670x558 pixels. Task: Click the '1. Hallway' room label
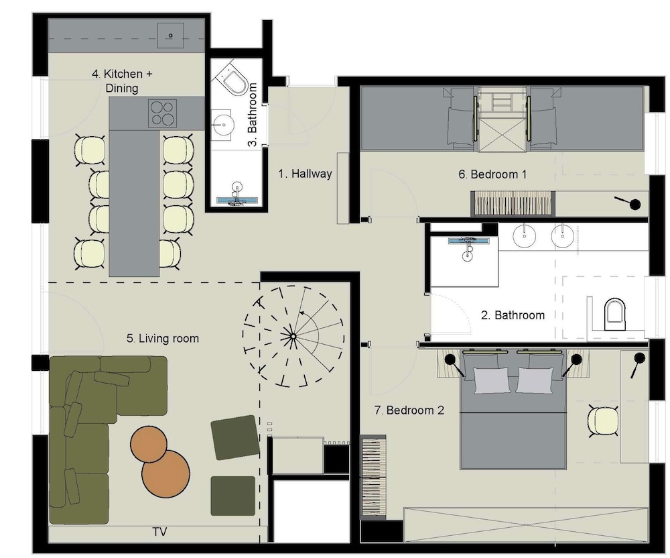305,174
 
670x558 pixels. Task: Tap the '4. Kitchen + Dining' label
122,80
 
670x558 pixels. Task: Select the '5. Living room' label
163,338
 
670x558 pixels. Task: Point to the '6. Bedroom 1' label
492,174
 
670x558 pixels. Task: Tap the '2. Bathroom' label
513,315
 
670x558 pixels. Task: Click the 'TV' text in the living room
159,532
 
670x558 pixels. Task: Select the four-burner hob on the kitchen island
161,112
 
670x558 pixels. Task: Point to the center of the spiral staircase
292,336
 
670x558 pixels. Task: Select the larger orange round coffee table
166,473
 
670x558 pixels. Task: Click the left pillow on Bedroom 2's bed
493,380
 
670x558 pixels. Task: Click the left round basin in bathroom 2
523,235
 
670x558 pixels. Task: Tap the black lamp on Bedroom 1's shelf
633,204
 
